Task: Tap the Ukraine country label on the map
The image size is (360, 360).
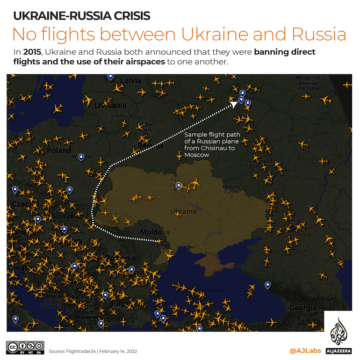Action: coord(184,211)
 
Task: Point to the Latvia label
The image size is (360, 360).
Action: coord(130,81)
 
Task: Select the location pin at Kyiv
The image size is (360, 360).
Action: coord(178,186)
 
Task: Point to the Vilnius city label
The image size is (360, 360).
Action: coord(124,115)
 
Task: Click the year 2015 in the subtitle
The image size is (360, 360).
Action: coord(30,52)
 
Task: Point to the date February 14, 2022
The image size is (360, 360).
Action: coord(120,351)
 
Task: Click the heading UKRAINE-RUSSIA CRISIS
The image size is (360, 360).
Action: coord(82,16)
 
